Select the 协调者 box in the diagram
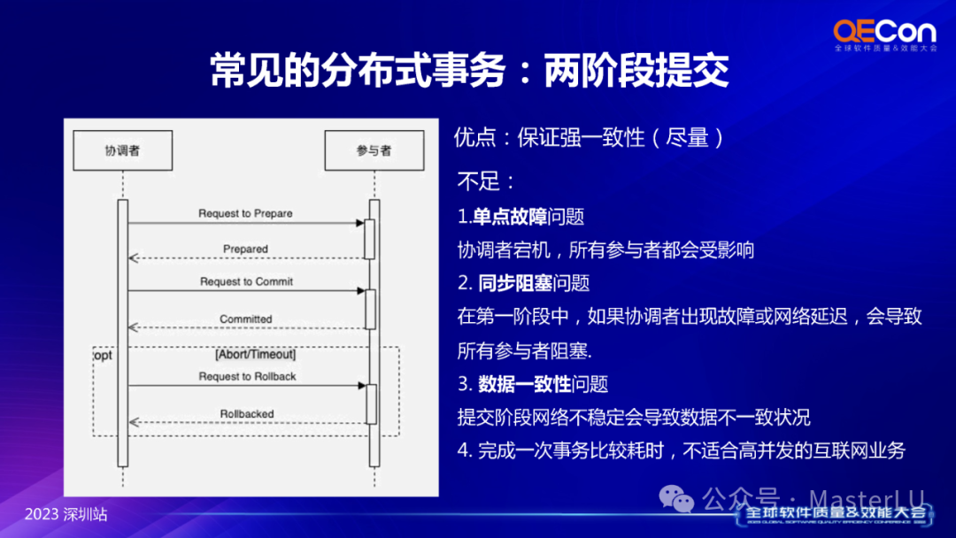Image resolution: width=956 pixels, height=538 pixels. (122, 150)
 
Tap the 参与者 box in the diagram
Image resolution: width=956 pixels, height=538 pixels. (374, 150)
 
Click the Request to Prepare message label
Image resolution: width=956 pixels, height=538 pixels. (245, 213)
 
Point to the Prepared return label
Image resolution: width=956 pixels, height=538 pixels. (245, 249)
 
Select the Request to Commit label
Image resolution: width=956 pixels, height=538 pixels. (246, 281)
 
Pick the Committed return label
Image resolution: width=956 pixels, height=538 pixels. (246, 319)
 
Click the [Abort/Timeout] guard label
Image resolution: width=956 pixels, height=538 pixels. (256, 354)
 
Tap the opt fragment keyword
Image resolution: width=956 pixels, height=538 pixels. (103, 354)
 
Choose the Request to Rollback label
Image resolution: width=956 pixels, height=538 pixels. (247, 376)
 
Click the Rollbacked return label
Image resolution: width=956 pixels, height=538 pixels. (247, 413)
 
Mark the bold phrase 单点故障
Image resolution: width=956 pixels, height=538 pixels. (509, 217)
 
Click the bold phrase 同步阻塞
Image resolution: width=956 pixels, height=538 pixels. (515, 283)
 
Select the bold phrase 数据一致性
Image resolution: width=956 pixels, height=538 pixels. (525, 383)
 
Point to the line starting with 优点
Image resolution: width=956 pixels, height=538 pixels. (589, 138)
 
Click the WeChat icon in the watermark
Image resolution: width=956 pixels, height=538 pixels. (680, 501)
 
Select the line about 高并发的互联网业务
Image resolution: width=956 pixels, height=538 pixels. (681, 450)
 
